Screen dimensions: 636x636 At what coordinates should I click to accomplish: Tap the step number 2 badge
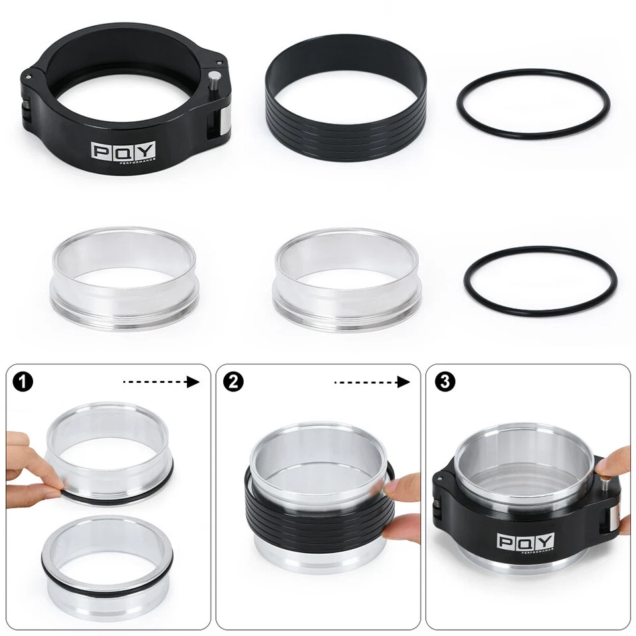(x=233, y=382)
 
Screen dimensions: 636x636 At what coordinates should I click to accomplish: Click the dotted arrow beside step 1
(x=161, y=382)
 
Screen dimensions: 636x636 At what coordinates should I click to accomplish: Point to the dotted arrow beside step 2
(x=371, y=382)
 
